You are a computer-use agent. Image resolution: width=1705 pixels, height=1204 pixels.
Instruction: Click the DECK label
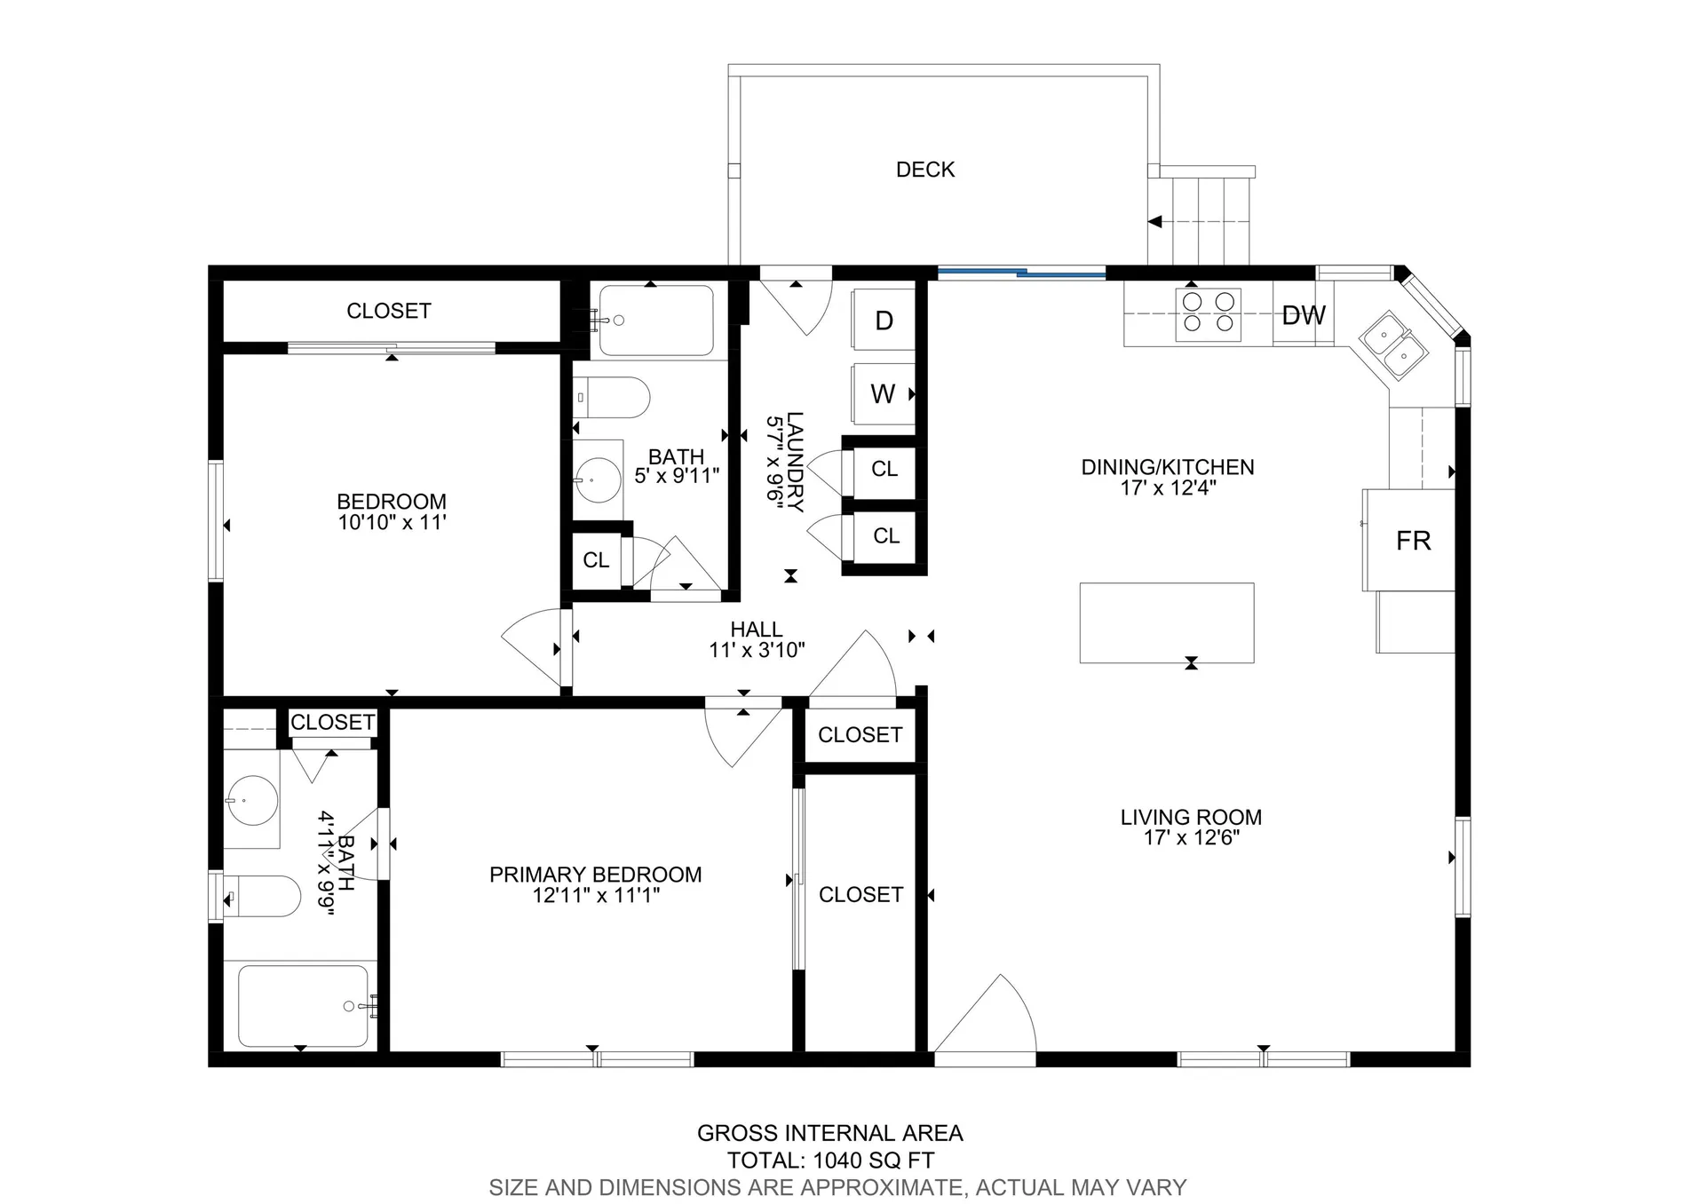pos(925,170)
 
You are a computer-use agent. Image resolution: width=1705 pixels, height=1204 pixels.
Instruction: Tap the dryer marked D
pos(883,321)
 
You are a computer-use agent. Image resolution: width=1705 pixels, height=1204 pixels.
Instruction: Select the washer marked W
pos(883,394)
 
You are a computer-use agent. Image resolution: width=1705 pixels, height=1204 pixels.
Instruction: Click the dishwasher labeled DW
pos(1303,315)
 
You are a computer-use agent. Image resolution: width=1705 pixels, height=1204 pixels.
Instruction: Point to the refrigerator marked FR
pos(1412,540)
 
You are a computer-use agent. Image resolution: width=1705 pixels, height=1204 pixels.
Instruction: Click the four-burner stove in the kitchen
pos(1208,313)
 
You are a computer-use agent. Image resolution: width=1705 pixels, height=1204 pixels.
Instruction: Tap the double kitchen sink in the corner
pos(1393,345)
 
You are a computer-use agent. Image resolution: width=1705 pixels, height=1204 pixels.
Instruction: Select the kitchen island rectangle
pos(1166,622)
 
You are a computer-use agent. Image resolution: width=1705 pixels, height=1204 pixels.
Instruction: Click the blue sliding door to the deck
pos(1021,273)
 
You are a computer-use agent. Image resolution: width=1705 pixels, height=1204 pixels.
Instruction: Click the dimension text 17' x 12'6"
pos(1191,837)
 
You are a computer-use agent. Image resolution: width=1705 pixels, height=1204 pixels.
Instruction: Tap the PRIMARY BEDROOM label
pos(595,875)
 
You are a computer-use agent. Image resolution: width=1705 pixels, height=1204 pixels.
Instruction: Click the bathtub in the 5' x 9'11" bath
pos(655,321)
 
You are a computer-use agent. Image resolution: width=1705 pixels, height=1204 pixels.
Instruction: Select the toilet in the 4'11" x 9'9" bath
pos(263,896)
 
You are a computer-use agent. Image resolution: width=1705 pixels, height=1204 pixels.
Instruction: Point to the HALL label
pos(756,630)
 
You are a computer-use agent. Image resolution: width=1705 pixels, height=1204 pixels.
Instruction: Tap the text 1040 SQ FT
pos(873,1160)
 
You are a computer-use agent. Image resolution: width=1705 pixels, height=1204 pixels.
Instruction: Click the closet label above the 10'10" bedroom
pos(388,311)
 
